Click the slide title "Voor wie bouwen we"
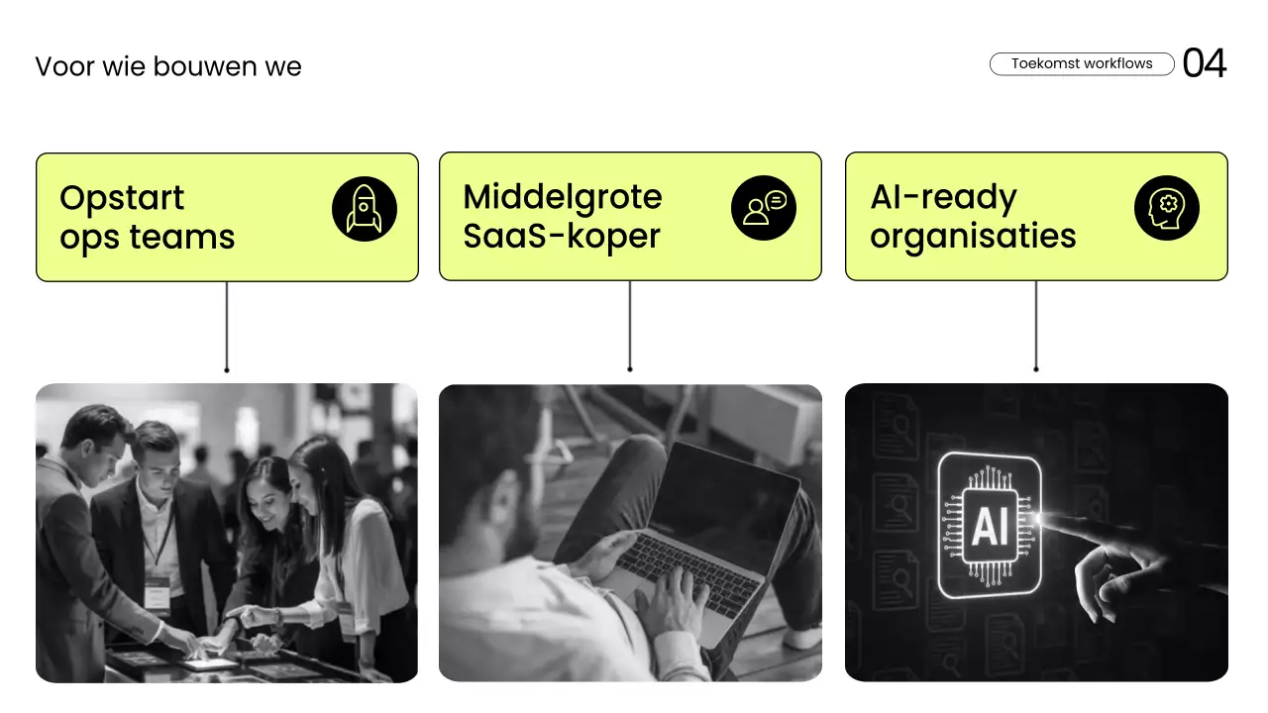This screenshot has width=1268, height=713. pos(168,66)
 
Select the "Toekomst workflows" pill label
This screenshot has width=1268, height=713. pos(1082,63)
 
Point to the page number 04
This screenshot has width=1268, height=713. pos(1205,63)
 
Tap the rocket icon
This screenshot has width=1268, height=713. pos(364,210)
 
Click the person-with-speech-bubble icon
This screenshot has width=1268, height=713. pos(764,209)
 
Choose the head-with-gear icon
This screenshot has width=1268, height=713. pos(1166,209)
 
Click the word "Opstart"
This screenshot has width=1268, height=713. pos(122,197)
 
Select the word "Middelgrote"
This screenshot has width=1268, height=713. pos(562,196)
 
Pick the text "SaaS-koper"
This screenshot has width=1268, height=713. pos(561,237)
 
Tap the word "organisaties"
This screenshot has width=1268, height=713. pos(973,237)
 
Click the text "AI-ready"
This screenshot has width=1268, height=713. pos(943,197)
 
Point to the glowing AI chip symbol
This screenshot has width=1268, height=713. pos(989,526)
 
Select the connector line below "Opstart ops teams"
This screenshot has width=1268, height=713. pos(227,326)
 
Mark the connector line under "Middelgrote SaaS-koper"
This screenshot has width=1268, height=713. pos(630,326)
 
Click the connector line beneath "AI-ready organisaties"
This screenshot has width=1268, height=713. pos(1036,326)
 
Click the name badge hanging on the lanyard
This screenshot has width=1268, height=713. pos(157,592)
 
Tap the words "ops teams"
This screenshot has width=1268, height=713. pos(147,238)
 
